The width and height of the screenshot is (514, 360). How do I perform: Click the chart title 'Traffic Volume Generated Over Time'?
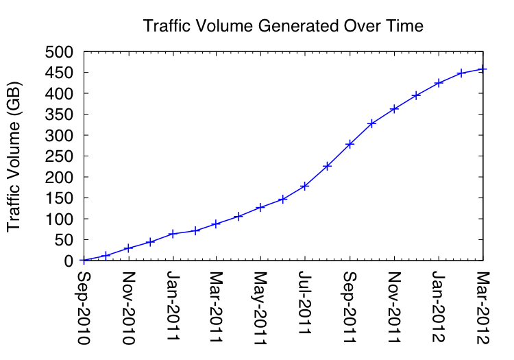283,27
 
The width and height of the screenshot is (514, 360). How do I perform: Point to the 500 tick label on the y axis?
59,52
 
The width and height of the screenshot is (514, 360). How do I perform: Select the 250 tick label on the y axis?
59,156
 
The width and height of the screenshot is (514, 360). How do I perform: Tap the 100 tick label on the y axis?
59,219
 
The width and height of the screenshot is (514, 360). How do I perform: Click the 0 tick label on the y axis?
68,261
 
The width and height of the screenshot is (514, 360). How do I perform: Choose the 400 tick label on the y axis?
59,94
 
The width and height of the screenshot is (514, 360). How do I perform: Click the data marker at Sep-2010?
84,261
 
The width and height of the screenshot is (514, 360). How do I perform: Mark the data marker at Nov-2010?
128,248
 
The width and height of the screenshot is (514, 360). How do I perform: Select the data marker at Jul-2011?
305,186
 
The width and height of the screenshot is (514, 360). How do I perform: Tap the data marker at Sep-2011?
350,144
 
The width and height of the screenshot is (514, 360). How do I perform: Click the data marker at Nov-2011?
394,108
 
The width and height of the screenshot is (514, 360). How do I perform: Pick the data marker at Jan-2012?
439,82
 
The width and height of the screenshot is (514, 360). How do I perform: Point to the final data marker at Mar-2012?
482,69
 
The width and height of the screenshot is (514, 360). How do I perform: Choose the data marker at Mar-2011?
216,224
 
